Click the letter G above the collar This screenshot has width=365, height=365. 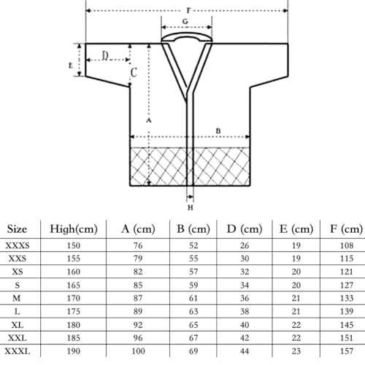pyautogui.click(x=185, y=23)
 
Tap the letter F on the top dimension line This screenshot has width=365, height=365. pyautogui.click(x=189, y=10)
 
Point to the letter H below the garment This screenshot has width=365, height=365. pyautogui.click(x=191, y=207)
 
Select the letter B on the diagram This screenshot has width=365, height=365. pyautogui.click(x=218, y=131)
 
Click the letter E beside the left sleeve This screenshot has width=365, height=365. pyautogui.click(x=70, y=66)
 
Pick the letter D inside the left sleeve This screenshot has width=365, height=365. pyautogui.click(x=106, y=56)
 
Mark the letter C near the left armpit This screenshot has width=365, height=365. pyautogui.click(x=134, y=72)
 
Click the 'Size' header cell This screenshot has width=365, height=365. pyautogui.click(x=19, y=229)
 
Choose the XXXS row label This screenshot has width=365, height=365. pyautogui.click(x=19, y=245)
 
